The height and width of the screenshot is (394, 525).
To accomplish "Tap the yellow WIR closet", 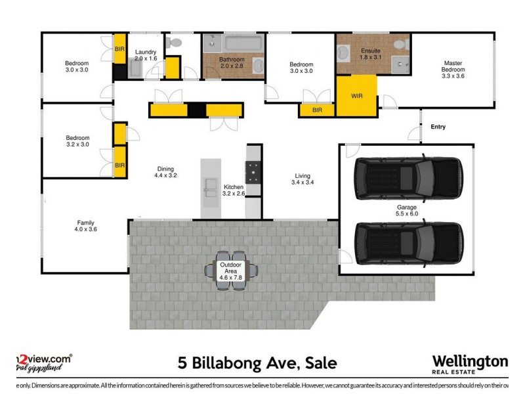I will point(356,96).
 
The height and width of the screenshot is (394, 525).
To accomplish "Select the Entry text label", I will point(438,127).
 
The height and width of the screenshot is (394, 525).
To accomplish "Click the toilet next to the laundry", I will point(174,43).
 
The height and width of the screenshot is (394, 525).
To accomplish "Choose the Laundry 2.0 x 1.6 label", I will point(145,55).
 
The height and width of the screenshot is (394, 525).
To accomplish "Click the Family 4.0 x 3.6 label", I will point(85,227).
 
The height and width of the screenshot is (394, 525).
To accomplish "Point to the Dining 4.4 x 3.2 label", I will point(165,172).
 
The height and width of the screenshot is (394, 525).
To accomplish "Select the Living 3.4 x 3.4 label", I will point(303,179).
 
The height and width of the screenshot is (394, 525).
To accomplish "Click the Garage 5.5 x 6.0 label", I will point(406,209).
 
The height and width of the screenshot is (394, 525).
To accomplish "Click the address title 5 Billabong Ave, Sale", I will point(257,363).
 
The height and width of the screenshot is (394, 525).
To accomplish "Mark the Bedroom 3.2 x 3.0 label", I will point(77,141).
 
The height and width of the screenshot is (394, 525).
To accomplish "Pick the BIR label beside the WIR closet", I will point(317,110).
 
